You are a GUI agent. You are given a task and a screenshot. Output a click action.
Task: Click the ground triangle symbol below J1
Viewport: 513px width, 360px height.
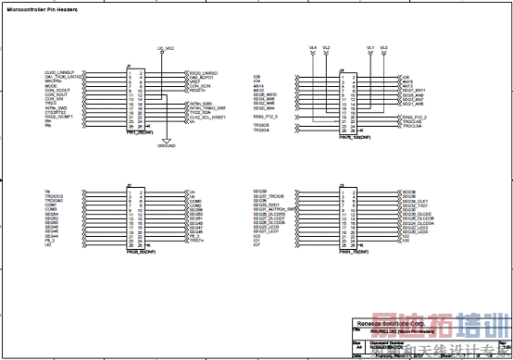(165, 140)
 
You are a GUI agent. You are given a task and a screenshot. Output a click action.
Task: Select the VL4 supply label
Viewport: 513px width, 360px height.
(312, 46)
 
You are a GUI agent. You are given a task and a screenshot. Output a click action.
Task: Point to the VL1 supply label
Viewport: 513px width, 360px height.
(369, 46)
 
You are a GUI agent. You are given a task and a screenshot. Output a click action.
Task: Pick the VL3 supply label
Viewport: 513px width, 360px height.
(383, 46)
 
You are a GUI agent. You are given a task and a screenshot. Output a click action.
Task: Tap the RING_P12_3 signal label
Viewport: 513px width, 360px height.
(266, 118)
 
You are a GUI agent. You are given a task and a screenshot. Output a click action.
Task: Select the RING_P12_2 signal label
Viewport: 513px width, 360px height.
(415, 118)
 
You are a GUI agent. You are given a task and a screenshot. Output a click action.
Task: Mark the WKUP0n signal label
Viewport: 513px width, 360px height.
(53, 81)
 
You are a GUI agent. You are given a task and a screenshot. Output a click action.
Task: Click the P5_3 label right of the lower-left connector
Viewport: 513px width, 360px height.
(194, 237)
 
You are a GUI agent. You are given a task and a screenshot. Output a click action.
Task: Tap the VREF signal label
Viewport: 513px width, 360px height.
(194, 81)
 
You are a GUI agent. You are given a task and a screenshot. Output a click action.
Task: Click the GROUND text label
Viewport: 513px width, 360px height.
(167, 146)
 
